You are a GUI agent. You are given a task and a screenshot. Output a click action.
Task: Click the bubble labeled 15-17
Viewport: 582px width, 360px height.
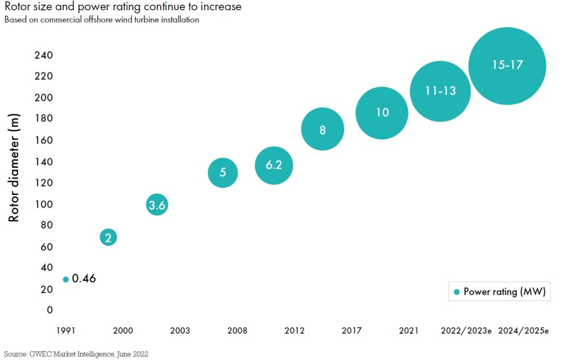pos(507,66)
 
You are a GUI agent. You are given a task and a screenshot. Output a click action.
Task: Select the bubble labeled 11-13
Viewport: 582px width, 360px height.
pos(440,91)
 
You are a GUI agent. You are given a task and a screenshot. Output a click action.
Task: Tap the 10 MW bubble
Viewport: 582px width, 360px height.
pos(382,113)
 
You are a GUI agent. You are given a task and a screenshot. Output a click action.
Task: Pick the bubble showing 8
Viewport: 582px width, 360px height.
pos(322,129)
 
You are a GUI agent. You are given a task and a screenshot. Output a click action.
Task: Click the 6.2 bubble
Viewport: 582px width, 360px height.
pos(274,165)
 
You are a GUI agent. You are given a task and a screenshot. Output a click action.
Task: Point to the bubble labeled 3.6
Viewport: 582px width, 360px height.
pos(157,205)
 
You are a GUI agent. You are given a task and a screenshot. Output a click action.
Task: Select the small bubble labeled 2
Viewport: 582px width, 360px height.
pos(109,237)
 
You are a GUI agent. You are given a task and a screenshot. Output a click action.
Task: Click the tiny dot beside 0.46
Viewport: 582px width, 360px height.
pos(66,279)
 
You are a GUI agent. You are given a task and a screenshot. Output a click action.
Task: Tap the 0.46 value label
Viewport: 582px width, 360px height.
pos(84,279)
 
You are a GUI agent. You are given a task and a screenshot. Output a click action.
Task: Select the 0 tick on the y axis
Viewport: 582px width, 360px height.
pos(50,310)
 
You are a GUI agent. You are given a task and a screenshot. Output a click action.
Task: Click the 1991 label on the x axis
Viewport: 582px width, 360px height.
pos(65,330)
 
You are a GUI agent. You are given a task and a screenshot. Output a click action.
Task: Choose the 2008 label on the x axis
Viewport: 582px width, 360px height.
pos(237,330)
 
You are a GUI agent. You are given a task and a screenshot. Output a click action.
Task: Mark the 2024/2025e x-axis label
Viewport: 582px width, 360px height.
pos(523,330)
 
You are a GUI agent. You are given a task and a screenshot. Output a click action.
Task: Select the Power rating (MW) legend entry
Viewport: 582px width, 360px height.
pos(500,292)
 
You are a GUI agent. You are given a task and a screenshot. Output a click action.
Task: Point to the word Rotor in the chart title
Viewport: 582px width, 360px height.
pos(17,7)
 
